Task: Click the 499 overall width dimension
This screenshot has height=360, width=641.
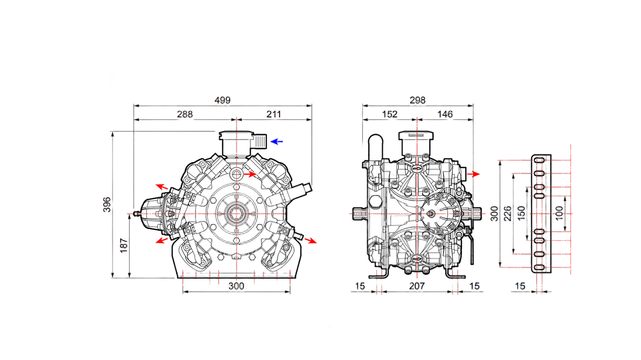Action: [x=222, y=100]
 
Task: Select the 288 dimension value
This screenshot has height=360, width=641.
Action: [x=185, y=114]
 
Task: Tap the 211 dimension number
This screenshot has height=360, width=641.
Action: [x=274, y=114]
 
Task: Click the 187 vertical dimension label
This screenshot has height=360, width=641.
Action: [x=124, y=245]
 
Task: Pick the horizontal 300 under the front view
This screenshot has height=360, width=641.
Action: [x=236, y=286]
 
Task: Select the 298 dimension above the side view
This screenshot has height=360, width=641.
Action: [x=417, y=100]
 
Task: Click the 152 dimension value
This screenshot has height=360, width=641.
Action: [x=389, y=114]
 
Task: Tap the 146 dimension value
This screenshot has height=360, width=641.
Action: [x=445, y=114]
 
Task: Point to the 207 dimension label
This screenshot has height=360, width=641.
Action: [x=417, y=286]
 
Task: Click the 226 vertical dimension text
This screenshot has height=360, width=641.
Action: [x=507, y=214]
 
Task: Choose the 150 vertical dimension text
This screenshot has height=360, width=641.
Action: [x=522, y=214]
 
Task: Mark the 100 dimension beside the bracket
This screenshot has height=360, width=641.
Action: [x=559, y=214]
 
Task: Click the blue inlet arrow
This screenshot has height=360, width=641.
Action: [x=277, y=142]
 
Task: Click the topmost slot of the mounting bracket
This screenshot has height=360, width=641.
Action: [x=539, y=160]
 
